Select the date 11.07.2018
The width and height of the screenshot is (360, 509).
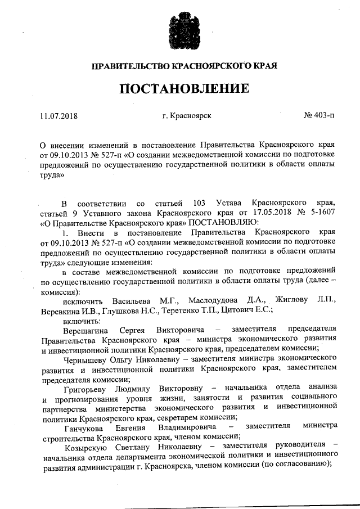tap(58, 116)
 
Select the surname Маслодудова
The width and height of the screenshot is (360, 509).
tap(214, 300)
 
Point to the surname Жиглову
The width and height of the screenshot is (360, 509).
tap(292, 300)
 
